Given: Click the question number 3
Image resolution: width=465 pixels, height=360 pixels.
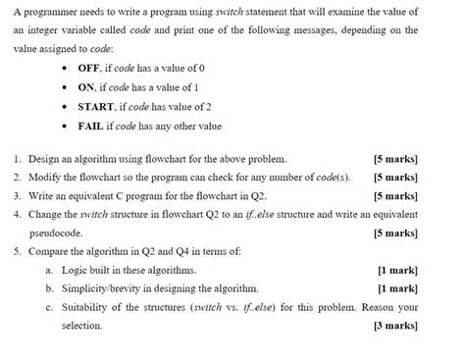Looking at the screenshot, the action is coord(18,196).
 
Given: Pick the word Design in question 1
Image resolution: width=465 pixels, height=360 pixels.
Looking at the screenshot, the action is coord(46,158).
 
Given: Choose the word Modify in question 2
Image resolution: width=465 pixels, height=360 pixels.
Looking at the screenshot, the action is coord(47,178).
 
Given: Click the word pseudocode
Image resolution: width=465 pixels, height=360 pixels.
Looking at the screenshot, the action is coord(57,233).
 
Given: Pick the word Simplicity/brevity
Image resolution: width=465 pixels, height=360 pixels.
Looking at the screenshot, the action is coord(110,289).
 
